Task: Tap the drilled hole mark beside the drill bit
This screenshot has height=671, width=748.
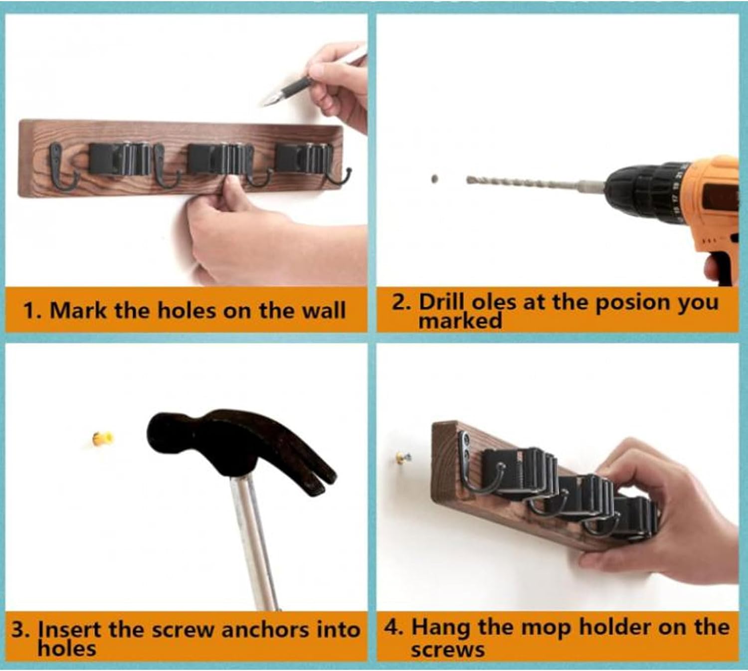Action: tap(434, 179)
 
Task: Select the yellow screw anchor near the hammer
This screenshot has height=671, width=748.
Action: tap(103, 438)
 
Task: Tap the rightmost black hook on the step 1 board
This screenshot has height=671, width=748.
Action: tap(338, 177)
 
